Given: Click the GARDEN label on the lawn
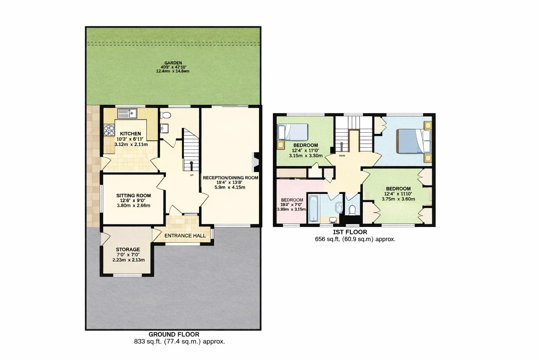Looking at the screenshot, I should coord(173,63).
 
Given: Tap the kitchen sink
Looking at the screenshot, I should coord(127,114).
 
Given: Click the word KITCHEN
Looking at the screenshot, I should coord(130,134).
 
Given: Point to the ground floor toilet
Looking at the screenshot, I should coord(165,115).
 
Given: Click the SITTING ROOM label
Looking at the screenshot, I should coord(134,195).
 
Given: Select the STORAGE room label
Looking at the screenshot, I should coord(128,249).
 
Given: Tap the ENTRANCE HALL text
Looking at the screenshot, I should coord(185,236).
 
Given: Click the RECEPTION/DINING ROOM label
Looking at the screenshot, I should coord(230,178).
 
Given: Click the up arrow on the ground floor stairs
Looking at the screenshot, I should coord(191,165).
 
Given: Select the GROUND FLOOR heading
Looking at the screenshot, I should coord(174,334).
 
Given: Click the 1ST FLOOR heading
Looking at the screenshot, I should coord(350,232).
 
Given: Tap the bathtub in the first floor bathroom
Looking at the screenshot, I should coord(313,208).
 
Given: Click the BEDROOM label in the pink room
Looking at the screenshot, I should coord(292,200).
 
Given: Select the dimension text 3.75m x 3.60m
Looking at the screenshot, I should coord(398,199).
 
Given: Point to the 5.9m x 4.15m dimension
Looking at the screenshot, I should coord(230,187).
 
